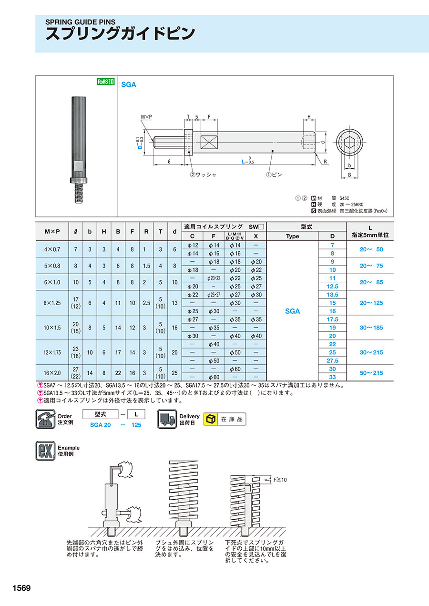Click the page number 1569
tap(19, 588)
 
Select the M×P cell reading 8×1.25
tap(52, 303)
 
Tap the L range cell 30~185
tap(370, 328)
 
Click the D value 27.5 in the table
tap(333, 361)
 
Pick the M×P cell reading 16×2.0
tap(52, 373)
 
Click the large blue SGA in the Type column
tap(292, 311)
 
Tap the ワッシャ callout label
tap(206, 175)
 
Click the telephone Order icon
tap(46, 419)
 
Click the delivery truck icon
tap(167, 419)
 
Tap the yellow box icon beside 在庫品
tap(210, 419)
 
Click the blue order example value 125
tap(136, 425)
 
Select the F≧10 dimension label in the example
tap(280, 480)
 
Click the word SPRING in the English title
tap(59, 21)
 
